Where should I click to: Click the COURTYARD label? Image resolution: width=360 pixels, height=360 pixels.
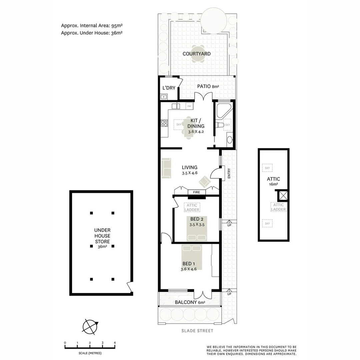196,54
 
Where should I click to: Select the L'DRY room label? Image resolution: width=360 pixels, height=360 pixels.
169,88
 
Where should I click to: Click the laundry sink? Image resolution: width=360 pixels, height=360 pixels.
164,97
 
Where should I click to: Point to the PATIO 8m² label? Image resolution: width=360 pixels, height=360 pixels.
208,87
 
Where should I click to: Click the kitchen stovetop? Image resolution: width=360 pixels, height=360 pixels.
164,123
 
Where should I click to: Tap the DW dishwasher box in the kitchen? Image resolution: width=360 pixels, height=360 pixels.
189,106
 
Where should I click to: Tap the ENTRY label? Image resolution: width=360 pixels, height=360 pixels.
229,173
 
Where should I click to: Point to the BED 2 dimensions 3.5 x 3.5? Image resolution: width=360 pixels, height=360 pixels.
197,225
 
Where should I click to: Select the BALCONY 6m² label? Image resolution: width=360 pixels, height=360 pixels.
190,302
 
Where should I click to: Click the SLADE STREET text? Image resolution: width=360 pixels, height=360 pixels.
197,331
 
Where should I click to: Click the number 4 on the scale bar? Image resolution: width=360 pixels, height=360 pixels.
115,343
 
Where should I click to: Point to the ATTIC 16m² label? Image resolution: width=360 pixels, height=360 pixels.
273,181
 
